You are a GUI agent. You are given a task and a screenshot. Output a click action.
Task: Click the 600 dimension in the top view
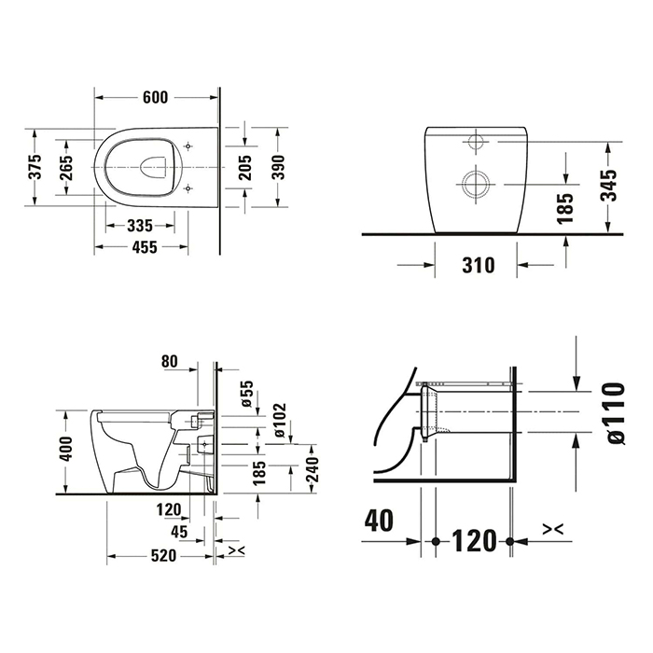(155, 97)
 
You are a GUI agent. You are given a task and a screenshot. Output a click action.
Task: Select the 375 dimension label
(35, 167)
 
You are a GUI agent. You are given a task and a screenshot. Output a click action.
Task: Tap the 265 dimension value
(66, 168)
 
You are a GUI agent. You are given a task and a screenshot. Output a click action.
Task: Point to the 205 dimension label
(245, 167)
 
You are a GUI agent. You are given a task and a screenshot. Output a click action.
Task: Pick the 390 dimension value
(278, 167)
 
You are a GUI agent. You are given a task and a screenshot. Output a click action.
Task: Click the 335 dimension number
(140, 226)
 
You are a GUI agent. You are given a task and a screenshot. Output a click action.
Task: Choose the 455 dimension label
(145, 247)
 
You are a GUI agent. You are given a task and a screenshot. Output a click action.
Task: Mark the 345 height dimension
(608, 185)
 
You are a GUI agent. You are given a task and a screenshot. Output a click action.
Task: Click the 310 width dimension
(479, 265)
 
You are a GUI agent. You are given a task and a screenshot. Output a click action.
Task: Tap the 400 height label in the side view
(66, 448)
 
